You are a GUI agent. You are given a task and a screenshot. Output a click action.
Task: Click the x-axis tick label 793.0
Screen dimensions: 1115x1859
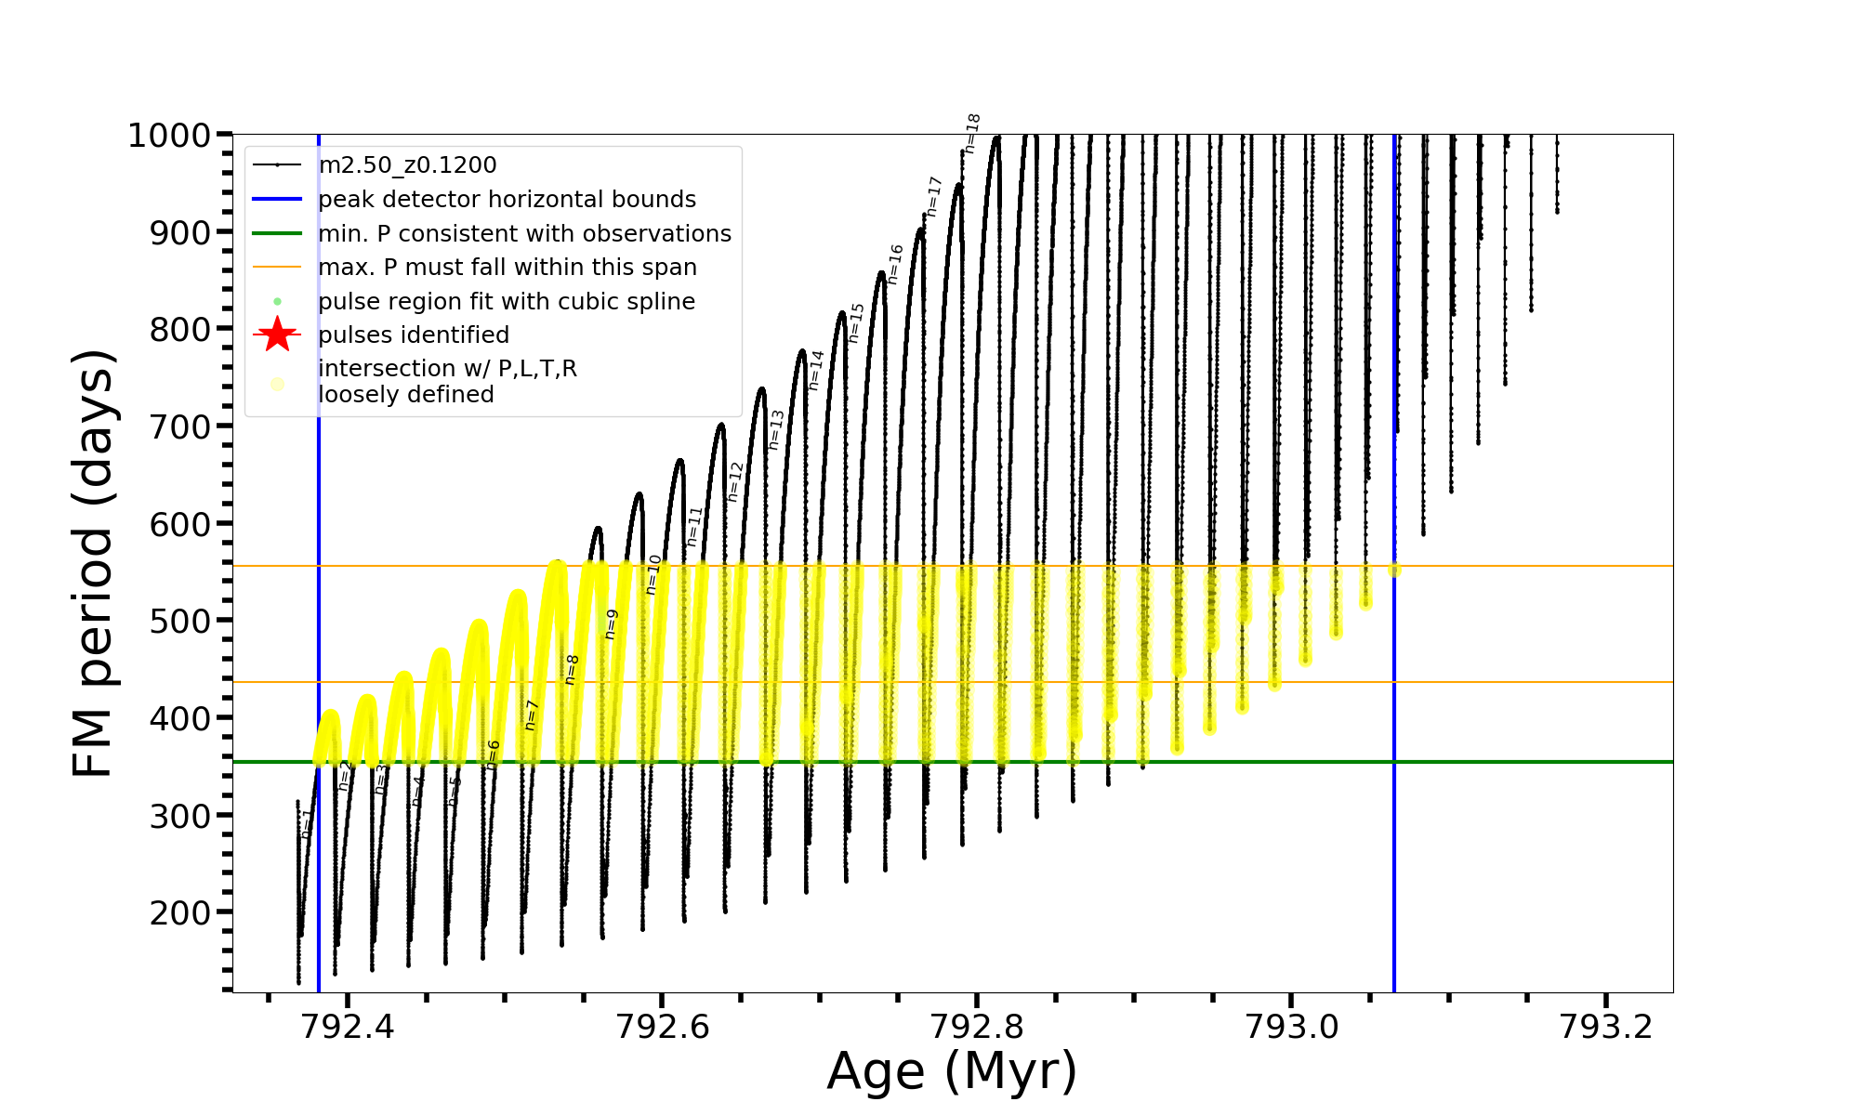[1291, 1026]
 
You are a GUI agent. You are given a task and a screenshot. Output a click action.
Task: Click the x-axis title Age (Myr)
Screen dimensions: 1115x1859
[952, 1071]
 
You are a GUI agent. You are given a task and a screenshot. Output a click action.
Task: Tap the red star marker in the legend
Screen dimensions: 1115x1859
[277, 334]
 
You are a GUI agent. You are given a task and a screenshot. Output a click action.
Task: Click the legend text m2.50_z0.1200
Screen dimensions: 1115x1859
[407, 165]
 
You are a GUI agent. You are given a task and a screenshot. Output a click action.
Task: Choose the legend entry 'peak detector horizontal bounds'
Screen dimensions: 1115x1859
[507, 200]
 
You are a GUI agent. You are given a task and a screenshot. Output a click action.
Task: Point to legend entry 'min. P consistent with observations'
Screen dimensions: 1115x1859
[524, 233]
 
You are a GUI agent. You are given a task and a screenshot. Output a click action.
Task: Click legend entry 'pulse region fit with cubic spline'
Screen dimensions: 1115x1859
[506, 302]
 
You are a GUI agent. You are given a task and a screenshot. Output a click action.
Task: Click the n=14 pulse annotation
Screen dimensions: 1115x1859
[816, 370]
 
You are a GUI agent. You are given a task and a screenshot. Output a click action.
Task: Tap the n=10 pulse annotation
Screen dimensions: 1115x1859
[653, 574]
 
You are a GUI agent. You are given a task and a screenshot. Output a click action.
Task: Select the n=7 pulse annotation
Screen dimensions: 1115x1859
[532, 715]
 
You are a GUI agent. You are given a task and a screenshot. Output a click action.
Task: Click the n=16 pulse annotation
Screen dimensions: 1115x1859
[895, 265]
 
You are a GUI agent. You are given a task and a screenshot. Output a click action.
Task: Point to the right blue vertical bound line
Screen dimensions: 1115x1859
[1394, 790]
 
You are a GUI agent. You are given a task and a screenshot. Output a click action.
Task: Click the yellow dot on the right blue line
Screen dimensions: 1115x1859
[1394, 570]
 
